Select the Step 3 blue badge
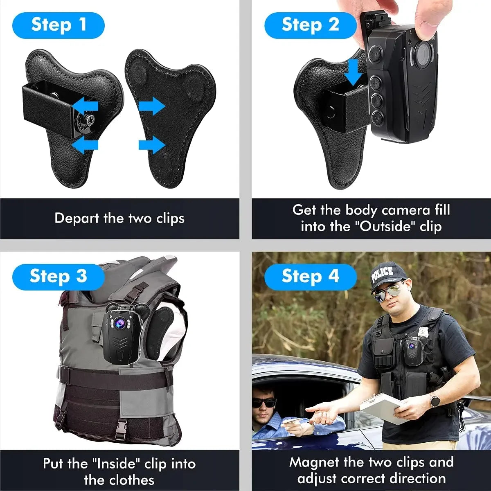[59, 276]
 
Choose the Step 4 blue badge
[310, 276]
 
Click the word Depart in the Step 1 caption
[77, 218]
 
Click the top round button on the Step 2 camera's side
[376, 53]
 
